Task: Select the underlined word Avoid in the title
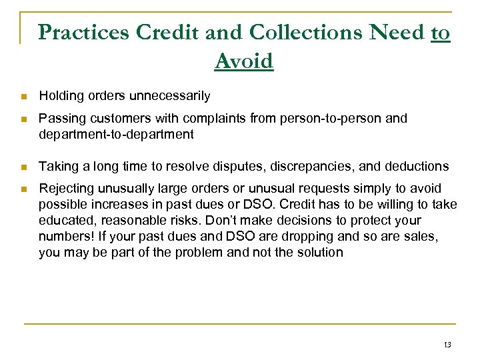(x=244, y=61)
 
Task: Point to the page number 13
(x=446, y=344)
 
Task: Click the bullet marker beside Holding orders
(x=24, y=97)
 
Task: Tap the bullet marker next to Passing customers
(x=24, y=119)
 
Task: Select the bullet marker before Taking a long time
(x=24, y=166)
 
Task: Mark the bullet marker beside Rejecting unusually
(x=24, y=189)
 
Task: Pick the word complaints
(x=215, y=119)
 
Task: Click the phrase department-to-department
(x=116, y=134)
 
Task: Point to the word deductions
(x=417, y=166)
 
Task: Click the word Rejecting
(x=65, y=189)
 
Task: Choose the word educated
(x=65, y=221)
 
